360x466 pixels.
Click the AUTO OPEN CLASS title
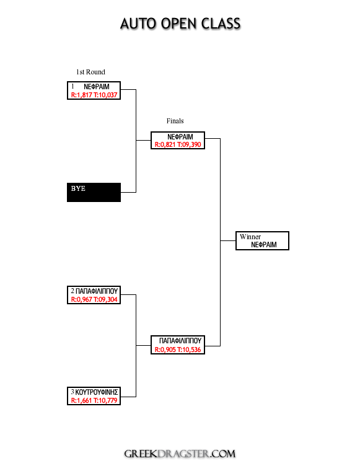(x=180, y=24)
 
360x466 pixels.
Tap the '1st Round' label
(x=90, y=72)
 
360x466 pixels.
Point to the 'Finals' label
(x=175, y=121)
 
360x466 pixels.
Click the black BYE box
(x=94, y=192)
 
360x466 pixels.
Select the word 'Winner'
(x=250, y=237)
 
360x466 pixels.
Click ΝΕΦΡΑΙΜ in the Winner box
(x=264, y=245)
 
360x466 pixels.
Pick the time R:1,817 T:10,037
(x=94, y=95)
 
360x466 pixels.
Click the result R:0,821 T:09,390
(x=178, y=145)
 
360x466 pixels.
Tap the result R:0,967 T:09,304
(x=94, y=299)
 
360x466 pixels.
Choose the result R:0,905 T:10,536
(x=178, y=349)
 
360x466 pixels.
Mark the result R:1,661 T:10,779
(x=94, y=400)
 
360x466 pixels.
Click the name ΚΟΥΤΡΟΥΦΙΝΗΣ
(x=97, y=392)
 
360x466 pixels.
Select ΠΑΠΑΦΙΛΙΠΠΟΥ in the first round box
(x=97, y=291)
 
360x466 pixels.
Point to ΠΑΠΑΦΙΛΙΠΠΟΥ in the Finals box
(x=180, y=341)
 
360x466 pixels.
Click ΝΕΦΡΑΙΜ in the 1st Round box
(x=97, y=87)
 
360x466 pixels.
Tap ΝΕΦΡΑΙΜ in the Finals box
(x=180, y=137)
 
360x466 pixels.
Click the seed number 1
(x=72, y=87)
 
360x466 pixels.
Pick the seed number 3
(x=72, y=392)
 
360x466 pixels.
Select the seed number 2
(x=72, y=291)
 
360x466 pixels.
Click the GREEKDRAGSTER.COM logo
(x=180, y=454)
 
